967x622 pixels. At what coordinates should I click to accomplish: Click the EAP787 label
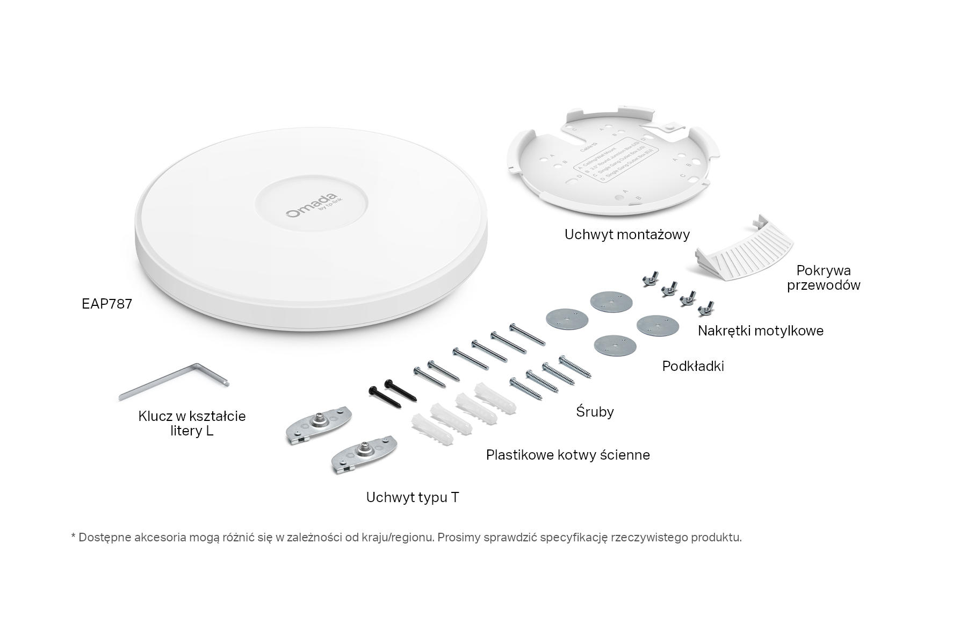tap(107, 304)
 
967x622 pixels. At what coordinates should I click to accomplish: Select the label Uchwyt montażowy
tap(627, 234)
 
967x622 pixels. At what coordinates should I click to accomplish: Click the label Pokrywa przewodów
tap(824, 277)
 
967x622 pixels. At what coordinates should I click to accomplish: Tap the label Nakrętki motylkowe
tap(760, 331)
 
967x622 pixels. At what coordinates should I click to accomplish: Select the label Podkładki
tap(693, 366)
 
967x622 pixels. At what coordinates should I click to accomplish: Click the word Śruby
tap(595, 412)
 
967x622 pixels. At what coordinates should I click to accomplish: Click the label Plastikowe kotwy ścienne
tap(568, 455)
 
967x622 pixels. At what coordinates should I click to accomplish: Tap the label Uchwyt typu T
tap(413, 497)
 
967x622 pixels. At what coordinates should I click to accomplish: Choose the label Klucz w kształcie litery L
tap(192, 423)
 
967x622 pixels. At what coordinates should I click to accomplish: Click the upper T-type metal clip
tap(319, 423)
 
